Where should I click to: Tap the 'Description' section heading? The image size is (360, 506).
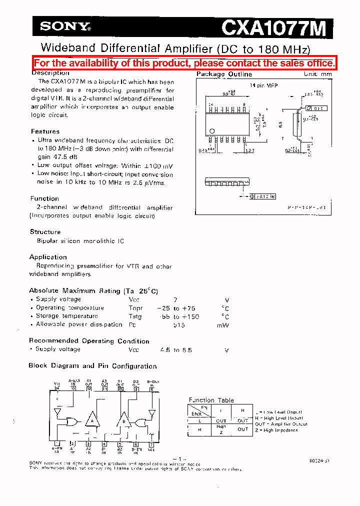click(x=50, y=73)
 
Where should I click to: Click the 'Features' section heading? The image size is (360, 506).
click(x=45, y=131)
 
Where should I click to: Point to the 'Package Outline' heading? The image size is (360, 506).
click(x=224, y=74)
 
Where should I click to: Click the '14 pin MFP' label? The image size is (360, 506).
click(x=263, y=85)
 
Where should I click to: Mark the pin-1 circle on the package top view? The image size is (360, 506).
click(x=211, y=131)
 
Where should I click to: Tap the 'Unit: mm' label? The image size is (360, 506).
click(x=317, y=73)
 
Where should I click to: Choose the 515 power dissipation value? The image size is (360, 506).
click(x=179, y=325)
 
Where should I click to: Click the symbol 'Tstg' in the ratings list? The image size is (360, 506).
click(x=135, y=316)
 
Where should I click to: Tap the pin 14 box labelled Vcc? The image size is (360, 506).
click(x=57, y=388)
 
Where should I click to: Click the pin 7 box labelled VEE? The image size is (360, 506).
click(x=151, y=443)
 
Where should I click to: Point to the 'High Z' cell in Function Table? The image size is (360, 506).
click(x=221, y=429)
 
